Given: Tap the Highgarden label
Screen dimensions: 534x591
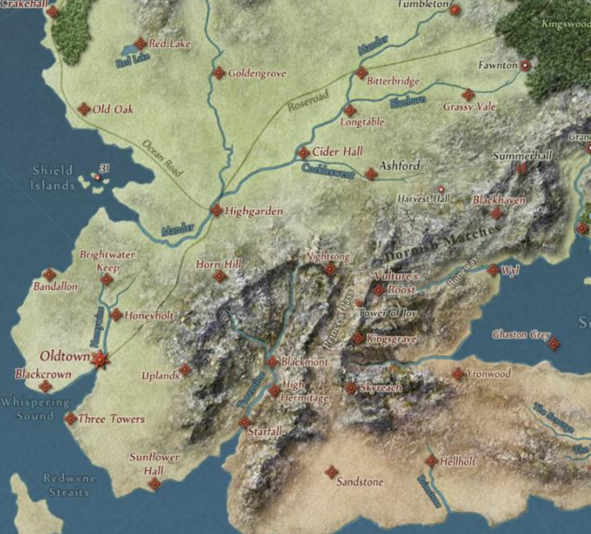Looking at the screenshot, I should pos(254,211).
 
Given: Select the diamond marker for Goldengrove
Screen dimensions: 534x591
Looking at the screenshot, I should pos(219,73).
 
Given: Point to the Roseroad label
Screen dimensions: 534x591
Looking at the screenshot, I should pos(308,101).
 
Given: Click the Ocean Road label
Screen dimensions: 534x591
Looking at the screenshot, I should pos(162,158).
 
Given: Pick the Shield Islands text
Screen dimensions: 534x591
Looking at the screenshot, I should pos(53,178).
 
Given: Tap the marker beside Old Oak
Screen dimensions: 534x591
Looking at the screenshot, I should pos(84,109).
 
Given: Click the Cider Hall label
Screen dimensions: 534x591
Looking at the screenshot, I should pos(338,152).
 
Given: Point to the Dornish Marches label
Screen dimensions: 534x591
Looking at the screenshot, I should pos(442,244).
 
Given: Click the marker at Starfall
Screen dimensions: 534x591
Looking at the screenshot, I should pos(244,423).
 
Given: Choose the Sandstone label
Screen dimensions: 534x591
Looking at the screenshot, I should pos(359,482).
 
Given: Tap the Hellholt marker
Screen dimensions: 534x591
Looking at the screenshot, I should pos(430,461).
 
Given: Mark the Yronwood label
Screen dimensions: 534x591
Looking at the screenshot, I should pos(489,373).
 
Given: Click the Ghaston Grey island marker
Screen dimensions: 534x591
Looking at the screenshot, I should pos(554,344).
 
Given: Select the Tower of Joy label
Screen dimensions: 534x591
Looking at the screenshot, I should pos(388,313).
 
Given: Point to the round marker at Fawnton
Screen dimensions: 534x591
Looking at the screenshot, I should pos(525,65).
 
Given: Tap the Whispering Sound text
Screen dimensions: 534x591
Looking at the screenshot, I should pos(35,409).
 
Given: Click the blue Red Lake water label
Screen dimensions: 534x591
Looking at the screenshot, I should pos(133,60).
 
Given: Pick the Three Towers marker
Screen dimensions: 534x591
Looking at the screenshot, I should pos(70,419).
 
